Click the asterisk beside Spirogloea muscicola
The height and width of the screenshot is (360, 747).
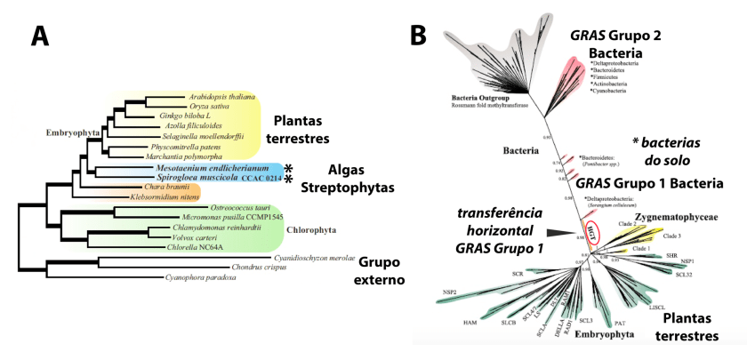tap(288, 179)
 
